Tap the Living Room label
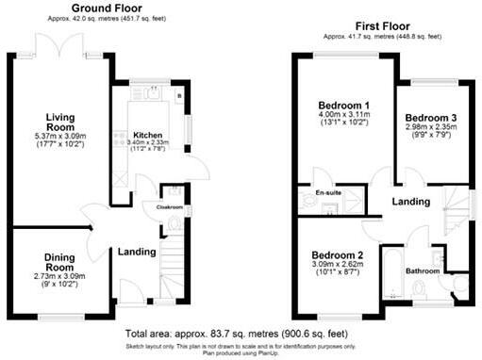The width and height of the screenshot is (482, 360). coord(59,123)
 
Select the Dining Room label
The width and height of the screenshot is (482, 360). coord(59,261)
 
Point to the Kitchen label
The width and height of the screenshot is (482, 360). coord(148,135)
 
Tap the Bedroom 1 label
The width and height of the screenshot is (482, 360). coord(341,104)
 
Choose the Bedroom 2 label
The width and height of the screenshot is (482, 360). coord(336,256)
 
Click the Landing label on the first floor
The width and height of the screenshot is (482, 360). coord(411,203)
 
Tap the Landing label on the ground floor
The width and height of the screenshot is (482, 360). coord(136,252)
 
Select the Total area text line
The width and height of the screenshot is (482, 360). coord(241,333)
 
